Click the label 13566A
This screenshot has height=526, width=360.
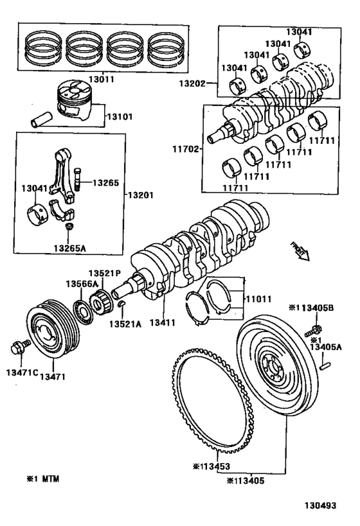80,283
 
